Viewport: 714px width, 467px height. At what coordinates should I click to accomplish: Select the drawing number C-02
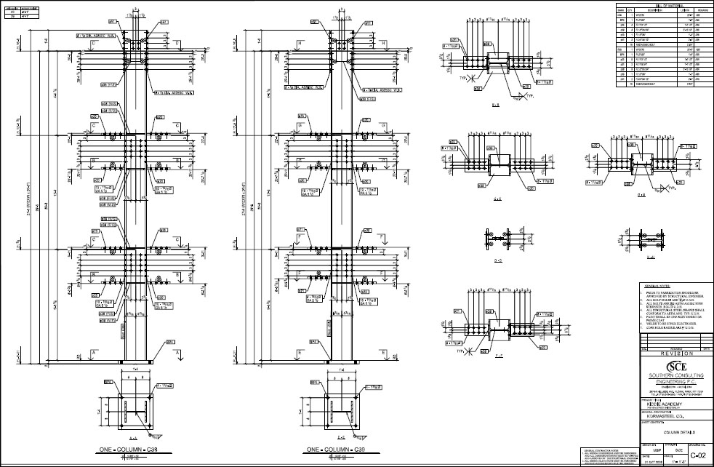pos(698,455)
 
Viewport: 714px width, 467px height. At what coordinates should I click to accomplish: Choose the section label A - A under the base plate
pos(134,439)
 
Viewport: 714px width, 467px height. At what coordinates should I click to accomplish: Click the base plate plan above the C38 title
pos(136,410)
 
